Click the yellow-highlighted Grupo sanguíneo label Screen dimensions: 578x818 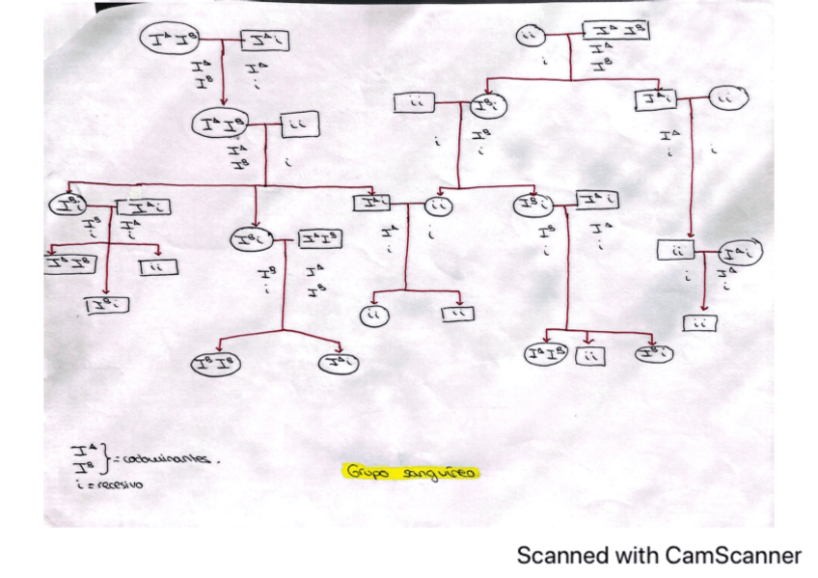(412, 472)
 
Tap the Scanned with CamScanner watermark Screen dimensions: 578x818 (659, 556)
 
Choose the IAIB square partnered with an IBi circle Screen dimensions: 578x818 (319, 238)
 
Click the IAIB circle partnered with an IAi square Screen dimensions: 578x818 (167, 40)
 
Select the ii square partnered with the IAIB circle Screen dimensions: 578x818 (297, 124)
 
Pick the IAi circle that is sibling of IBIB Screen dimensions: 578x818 (339, 364)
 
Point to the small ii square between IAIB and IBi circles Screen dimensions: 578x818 (589, 356)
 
